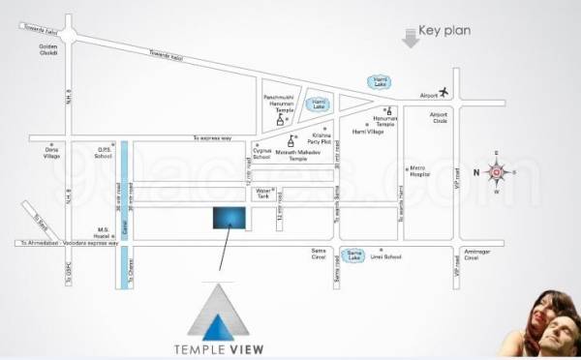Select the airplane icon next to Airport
click(x=445, y=92)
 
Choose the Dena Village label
click(x=51, y=153)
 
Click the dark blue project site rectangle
click(x=229, y=217)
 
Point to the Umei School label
click(x=386, y=257)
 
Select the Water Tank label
click(x=263, y=194)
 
